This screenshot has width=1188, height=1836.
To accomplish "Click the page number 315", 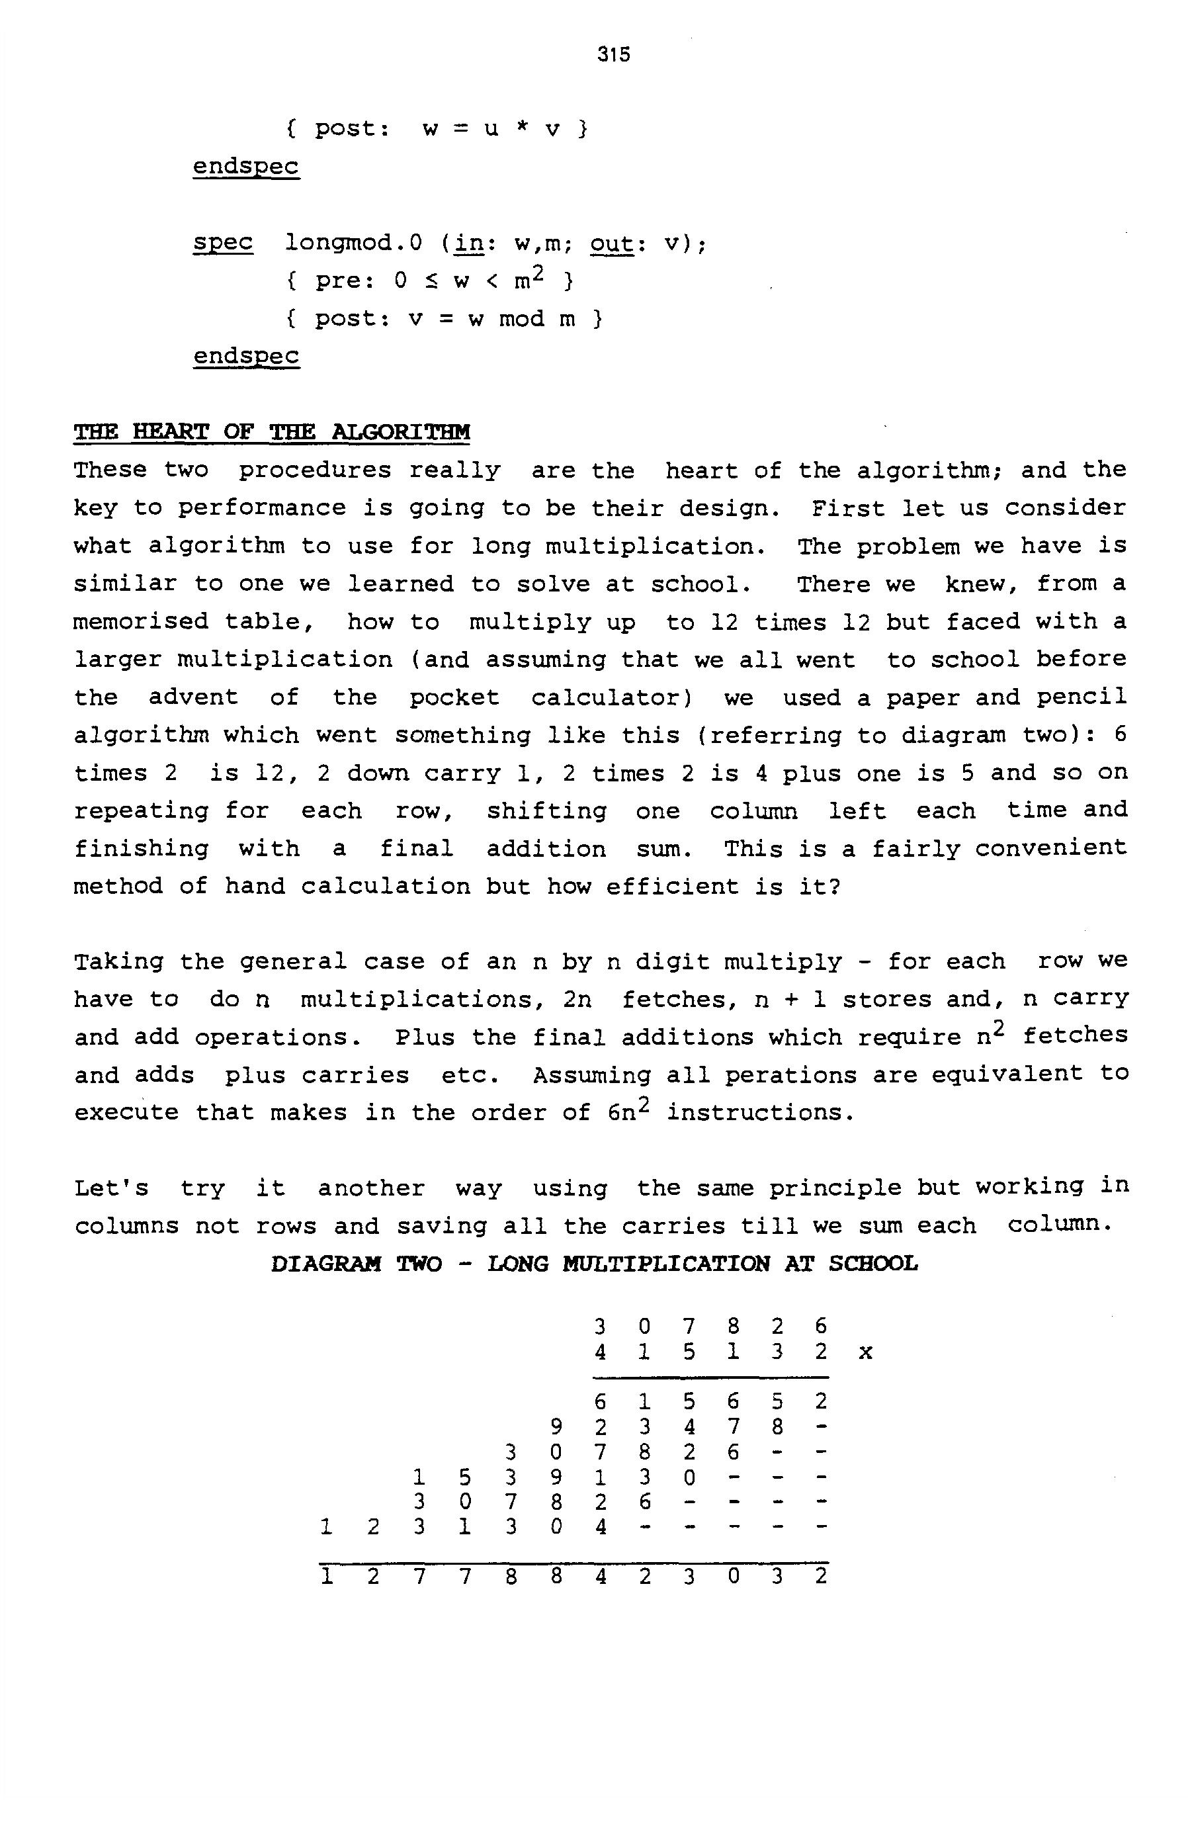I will click(x=613, y=54).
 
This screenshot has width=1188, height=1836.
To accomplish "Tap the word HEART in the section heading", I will click(x=171, y=431).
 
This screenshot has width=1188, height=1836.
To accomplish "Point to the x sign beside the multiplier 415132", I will click(x=866, y=1352).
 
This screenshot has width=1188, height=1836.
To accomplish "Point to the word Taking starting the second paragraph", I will click(x=119, y=961).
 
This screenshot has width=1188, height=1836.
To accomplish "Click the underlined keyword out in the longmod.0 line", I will click(x=612, y=243).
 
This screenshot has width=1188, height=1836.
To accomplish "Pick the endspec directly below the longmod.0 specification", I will click(x=246, y=356).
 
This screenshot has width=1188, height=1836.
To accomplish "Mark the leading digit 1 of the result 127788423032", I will click(x=327, y=1576).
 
